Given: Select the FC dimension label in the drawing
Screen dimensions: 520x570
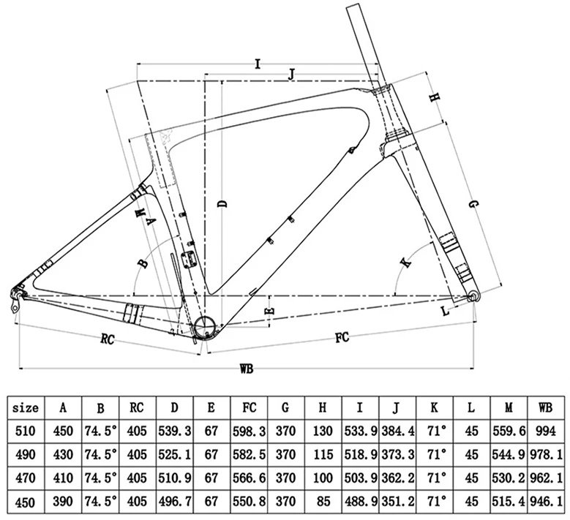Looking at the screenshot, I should coord(341,338).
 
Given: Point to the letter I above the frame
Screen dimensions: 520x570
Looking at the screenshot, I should coord(258,64).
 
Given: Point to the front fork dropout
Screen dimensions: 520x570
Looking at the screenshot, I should coord(473,296).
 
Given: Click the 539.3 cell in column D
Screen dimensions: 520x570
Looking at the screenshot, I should coord(175,432).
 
